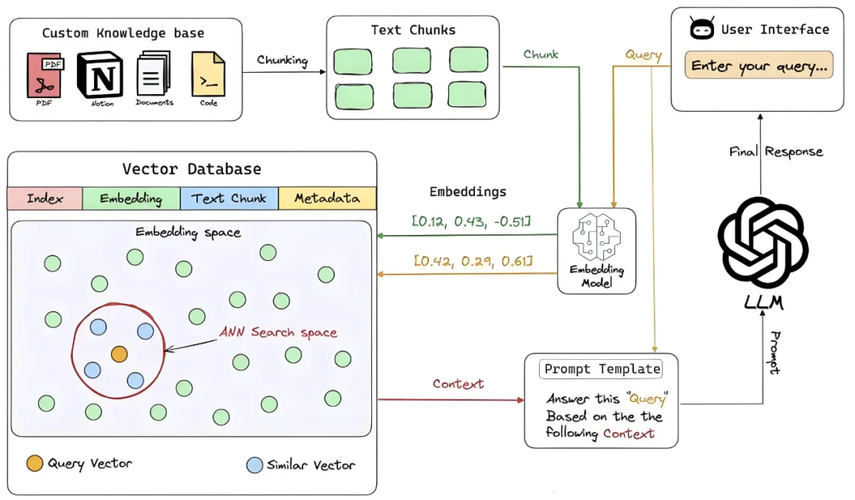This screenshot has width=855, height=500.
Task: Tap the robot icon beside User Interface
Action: (701, 30)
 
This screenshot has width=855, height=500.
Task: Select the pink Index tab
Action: (44, 199)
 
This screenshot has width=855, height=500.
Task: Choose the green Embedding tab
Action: (131, 199)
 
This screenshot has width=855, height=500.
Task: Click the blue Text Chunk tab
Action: (229, 199)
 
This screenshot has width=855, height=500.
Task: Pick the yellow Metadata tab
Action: (327, 199)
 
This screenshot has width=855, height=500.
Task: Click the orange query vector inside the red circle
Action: (119, 354)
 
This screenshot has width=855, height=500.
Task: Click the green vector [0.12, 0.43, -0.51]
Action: (471, 220)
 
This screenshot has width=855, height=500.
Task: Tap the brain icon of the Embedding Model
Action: (596, 237)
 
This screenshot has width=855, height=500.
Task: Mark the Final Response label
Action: (776, 151)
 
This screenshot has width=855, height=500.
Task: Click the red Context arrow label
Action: (458, 384)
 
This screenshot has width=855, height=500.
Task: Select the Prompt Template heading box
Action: (601, 369)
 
